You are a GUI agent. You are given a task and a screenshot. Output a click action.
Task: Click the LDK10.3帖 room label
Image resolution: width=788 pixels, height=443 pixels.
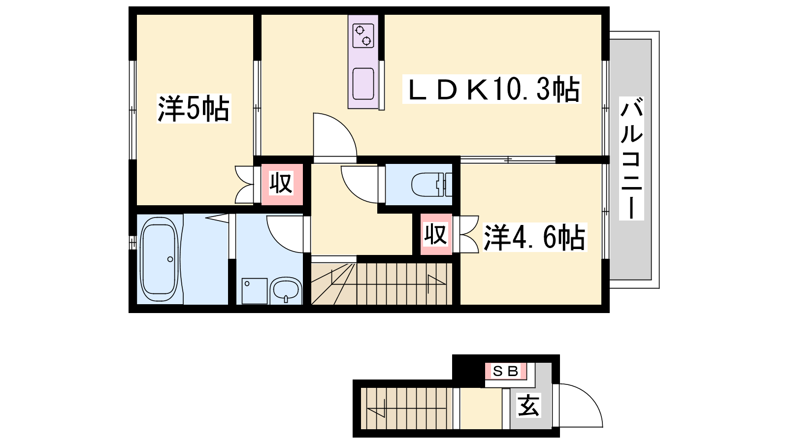492,89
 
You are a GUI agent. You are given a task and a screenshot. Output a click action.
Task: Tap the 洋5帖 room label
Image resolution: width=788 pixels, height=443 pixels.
194,108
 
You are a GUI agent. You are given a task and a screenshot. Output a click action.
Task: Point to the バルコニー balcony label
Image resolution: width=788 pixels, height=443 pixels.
632,158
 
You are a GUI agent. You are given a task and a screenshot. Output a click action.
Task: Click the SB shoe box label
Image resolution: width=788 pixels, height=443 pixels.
506,371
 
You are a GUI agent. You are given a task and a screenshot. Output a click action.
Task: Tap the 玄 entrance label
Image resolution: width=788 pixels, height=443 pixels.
529,406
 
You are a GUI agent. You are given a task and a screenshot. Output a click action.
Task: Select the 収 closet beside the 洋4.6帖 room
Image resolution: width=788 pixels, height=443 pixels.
435,234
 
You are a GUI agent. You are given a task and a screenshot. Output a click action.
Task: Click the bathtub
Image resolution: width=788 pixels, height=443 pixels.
160,259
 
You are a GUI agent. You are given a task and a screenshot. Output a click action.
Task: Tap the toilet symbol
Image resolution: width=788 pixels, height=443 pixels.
431,185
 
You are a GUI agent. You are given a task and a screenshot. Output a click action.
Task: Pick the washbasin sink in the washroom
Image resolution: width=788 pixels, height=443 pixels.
286,290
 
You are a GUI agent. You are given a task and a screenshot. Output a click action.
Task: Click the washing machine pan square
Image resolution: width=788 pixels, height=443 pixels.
254,291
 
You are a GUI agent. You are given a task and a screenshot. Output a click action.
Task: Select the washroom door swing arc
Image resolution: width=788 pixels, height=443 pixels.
276,242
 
